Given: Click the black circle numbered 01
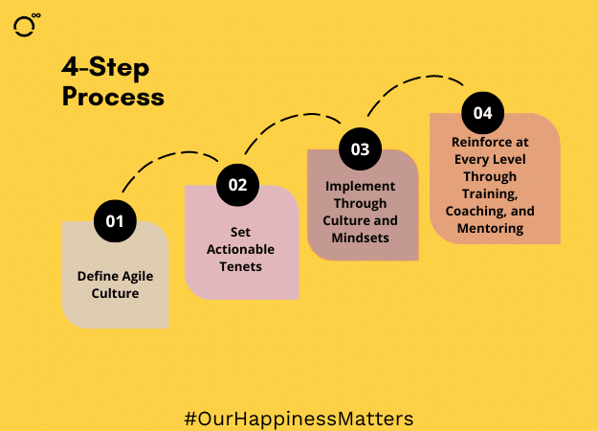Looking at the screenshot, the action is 115,221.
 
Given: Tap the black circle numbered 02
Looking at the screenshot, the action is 237,185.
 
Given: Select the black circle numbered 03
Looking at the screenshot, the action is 360,148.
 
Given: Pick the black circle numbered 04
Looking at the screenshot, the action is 483,113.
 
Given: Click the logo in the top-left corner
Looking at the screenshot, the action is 27,25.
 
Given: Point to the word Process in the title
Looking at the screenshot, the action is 113,97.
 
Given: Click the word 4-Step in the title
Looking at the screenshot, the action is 105,68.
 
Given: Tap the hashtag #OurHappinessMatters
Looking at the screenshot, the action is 299,419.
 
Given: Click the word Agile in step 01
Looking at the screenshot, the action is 137,277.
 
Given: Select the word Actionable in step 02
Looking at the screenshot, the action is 241,249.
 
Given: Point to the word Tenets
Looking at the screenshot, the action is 241,266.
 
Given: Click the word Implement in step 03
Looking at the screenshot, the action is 360,187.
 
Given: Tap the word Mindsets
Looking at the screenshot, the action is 360,238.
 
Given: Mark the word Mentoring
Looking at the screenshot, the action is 490,228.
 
